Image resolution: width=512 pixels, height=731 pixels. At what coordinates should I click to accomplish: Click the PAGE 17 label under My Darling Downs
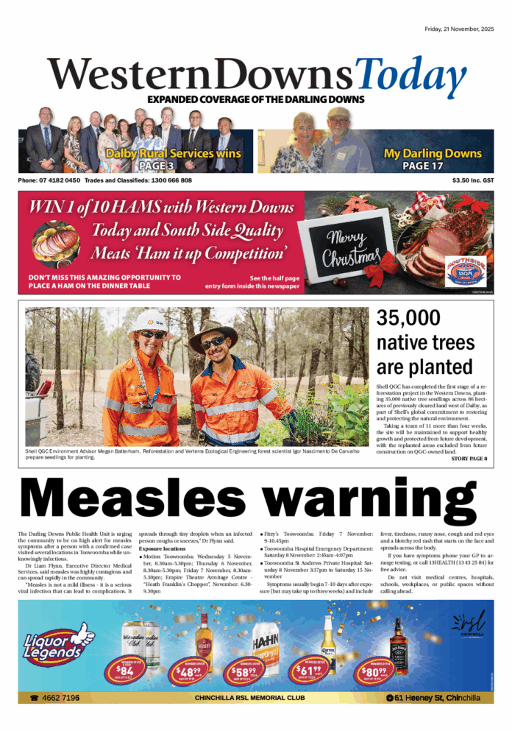(433, 166)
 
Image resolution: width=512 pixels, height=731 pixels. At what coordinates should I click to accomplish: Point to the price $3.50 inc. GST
(473, 180)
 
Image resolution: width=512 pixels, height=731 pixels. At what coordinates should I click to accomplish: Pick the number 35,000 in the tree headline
(408, 318)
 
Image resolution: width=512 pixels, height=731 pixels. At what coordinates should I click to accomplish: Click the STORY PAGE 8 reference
(469, 459)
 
